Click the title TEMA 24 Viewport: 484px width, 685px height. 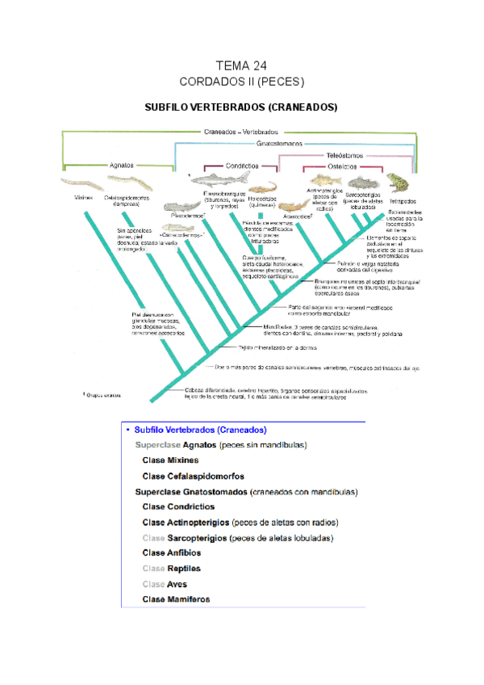(241, 65)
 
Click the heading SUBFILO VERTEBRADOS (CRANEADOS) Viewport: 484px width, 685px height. (240, 107)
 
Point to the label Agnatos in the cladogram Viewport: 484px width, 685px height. (122, 164)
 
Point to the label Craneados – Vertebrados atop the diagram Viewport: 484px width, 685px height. (241, 131)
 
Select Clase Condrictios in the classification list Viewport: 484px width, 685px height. (178, 506)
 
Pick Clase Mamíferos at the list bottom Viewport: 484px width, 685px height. (176, 599)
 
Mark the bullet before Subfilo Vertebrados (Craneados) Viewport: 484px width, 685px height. (127, 430)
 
